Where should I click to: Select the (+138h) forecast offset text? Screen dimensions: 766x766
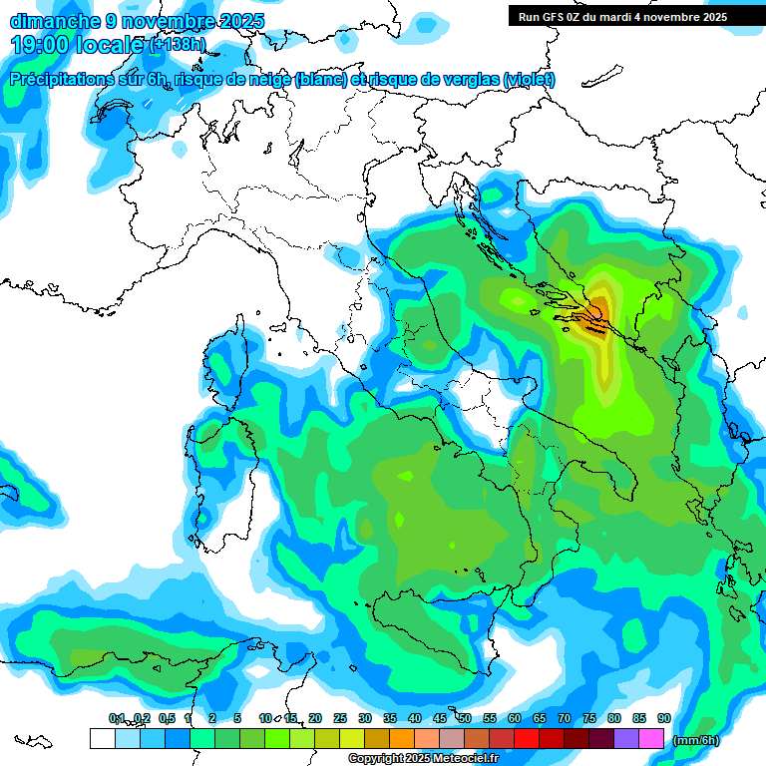[x=177, y=45]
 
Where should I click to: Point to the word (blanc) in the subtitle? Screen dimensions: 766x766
[x=320, y=80]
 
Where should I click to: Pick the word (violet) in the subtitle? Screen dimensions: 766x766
[x=530, y=80]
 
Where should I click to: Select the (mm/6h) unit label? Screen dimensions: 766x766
[x=695, y=740]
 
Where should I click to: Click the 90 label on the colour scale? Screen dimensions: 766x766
[x=664, y=718]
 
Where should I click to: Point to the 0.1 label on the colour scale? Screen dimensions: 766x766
[x=117, y=718]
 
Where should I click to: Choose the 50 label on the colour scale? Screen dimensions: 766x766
[x=465, y=718]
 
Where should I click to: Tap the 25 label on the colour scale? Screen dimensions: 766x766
[x=340, y=718]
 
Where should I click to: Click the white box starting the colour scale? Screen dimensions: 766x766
[x=102, y=738]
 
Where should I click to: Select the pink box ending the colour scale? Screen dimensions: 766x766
[x=652, y=738]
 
